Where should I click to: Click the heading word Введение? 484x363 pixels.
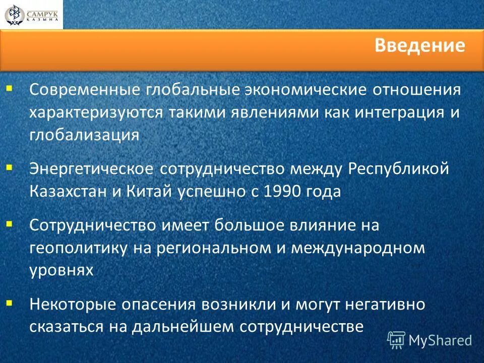419,46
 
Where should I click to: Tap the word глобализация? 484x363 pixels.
84,135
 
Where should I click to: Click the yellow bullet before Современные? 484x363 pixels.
10,88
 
